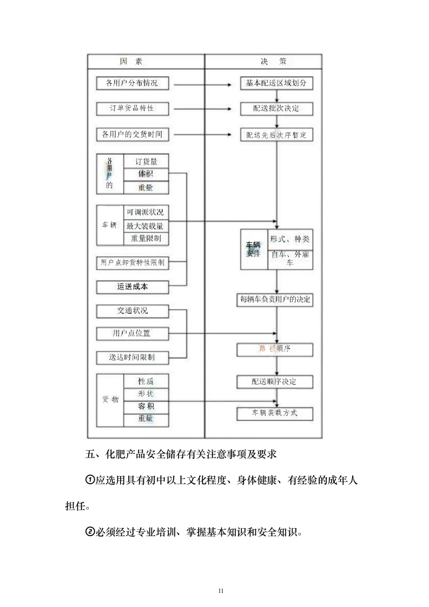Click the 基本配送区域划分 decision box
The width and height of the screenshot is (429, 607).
coord(276,83)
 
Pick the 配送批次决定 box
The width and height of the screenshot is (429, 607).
coord(276,108)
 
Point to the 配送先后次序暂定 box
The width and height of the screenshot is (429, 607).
coord(276,135)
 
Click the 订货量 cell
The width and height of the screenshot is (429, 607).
coord(146,161)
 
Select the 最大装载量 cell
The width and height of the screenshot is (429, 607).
coord(146,226)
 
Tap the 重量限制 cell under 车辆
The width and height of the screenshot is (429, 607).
coord(146,239)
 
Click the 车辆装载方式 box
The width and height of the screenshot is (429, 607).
coord(275,413)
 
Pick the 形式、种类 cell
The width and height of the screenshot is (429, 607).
coord(290,240)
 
